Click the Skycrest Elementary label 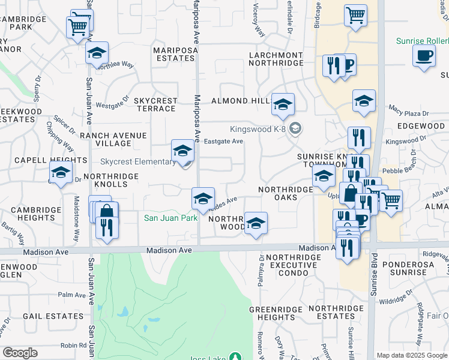click(137, 162)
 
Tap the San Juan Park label click(170, 218)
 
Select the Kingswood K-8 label click(259, 129)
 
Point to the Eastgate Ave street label click(223, 142)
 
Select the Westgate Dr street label click(113, 103)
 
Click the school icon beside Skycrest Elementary click(182, 151)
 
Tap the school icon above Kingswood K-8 click(283, 105)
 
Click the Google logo click(20, 353)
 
